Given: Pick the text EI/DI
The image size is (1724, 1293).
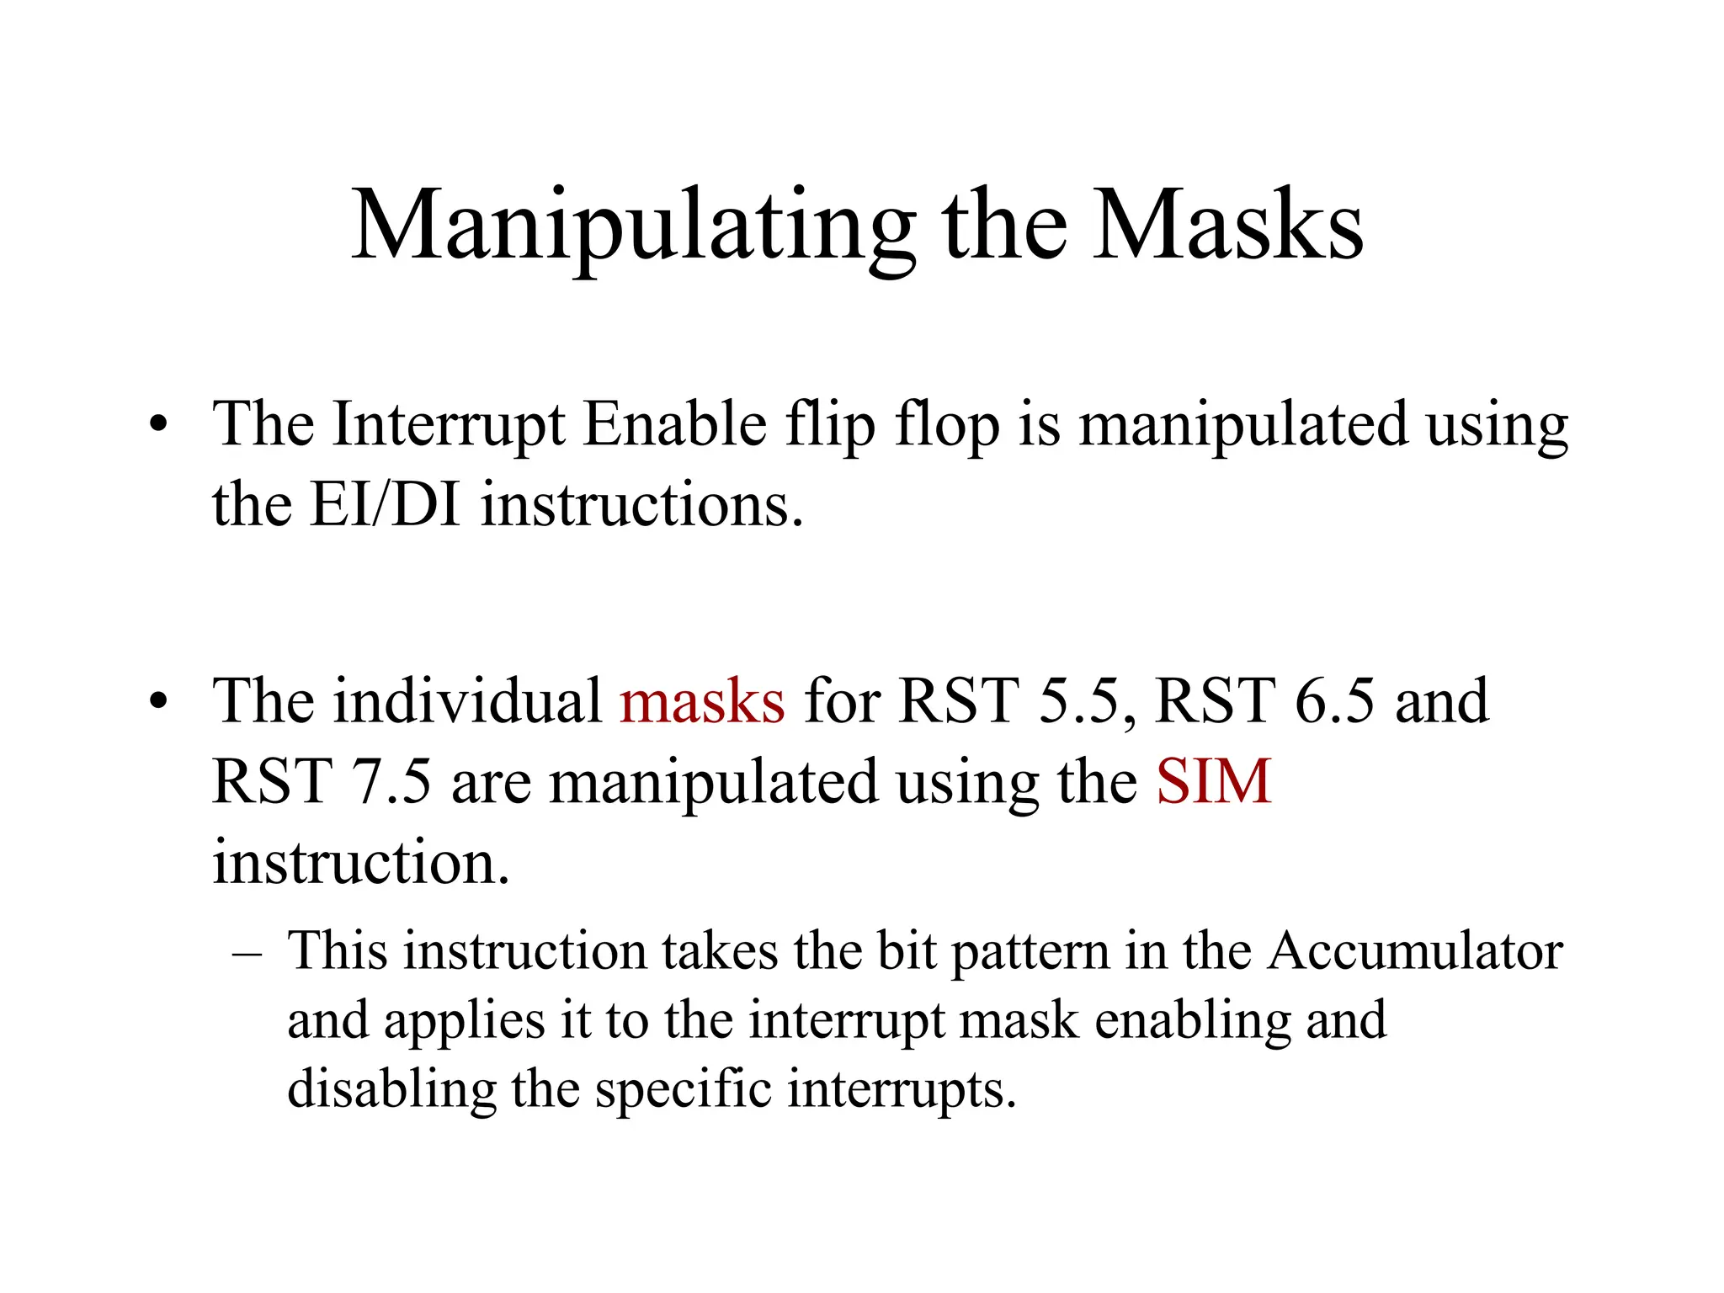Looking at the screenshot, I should (x=385, y=505).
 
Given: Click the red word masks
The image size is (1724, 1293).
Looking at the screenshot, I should (x=702, y=701).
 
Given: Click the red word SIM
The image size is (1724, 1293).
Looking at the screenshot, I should (x=1213, y=782).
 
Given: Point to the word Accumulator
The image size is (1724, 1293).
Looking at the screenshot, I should (x=1415, y=951).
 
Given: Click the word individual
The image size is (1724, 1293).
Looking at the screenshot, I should (x=467, y=701).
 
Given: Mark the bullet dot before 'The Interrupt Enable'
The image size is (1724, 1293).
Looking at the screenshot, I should (x=157, y=425).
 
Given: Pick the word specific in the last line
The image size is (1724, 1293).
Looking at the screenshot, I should (x=684, y=1088).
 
